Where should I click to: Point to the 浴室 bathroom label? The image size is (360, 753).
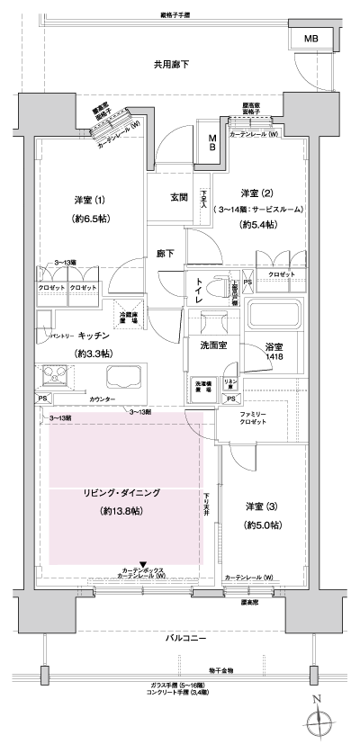[274, 346]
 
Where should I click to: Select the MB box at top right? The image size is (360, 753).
[310, 40]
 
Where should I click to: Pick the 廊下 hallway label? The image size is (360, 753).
[165, 254]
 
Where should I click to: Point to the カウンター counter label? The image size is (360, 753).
[106, 397]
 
